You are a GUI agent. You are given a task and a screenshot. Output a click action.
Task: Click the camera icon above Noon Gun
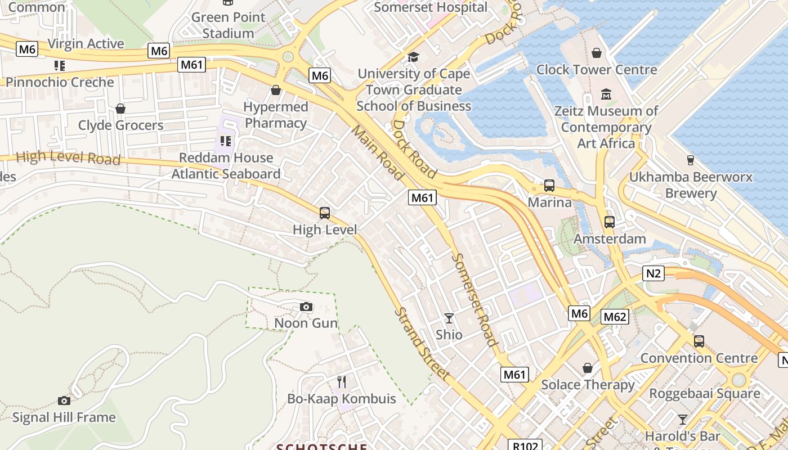[x=306, y=307]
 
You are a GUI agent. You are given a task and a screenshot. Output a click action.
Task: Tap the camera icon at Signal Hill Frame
[x=64, y=400]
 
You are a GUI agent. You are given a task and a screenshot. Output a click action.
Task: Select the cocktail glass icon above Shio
[x=449, y=318]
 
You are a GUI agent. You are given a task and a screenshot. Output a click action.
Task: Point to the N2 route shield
[x=653, y=273]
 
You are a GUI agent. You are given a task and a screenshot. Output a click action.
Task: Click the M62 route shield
[x=615, y=317]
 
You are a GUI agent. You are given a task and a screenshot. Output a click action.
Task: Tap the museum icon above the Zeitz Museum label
[x=606, y=94]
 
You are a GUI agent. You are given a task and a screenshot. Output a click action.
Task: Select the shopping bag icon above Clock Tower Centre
[x=597, y=53]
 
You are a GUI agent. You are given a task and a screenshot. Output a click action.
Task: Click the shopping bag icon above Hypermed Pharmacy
[x=276, y=90]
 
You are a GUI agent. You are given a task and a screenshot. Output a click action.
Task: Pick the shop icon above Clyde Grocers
[x=120, y=109]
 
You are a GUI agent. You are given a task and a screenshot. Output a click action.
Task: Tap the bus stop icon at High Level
[x=325, y=213]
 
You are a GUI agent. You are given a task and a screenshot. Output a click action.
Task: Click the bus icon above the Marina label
[x=549, y=186]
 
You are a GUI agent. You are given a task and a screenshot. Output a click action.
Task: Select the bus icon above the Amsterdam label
[x=610, y=222]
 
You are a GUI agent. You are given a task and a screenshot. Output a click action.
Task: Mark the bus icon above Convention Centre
[x=699, y=341]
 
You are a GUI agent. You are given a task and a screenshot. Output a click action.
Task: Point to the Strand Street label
[x=422, y=343]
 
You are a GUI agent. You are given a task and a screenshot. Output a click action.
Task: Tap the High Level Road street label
[x=68, y=157]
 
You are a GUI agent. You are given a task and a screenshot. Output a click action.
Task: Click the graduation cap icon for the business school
[x=414, y=57]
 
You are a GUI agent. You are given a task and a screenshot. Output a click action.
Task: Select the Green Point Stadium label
[x=228, y=25]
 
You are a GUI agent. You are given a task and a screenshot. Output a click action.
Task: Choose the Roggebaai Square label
[x=705, y=393]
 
